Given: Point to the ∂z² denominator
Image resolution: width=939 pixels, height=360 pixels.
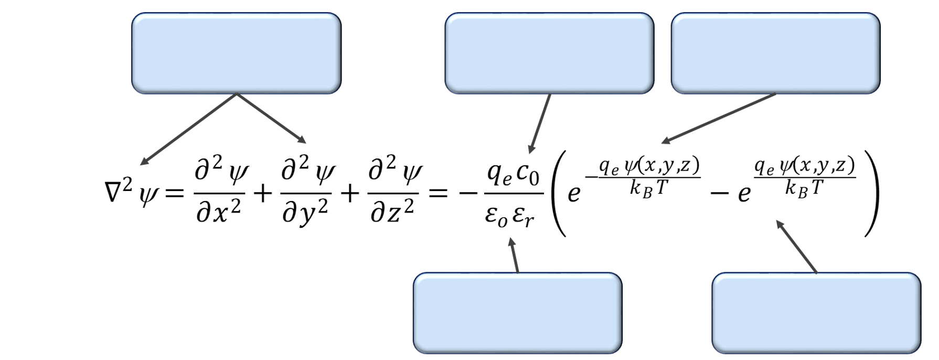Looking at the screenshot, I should click(392, 211).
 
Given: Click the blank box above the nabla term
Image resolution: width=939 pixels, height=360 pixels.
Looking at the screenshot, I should click(236, 53).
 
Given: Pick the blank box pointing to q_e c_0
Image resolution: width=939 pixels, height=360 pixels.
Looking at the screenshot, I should click(549, 53).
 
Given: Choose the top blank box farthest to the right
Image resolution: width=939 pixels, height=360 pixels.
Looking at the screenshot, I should click(775, 53).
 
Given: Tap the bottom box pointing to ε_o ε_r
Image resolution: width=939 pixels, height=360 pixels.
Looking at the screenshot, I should click(517, 313).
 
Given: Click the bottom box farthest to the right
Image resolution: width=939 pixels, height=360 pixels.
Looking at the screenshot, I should click(816, 313).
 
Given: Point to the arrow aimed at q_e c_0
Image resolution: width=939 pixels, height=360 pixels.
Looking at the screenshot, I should click(540, 124).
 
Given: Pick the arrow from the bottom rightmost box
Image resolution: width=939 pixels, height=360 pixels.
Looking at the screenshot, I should click(796, 247).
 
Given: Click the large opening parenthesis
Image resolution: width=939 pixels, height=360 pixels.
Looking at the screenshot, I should click(559, 193).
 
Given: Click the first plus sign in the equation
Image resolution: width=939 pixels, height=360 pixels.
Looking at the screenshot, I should click(263, 194).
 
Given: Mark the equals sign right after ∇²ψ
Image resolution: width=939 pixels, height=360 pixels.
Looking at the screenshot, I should click(175, 194).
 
